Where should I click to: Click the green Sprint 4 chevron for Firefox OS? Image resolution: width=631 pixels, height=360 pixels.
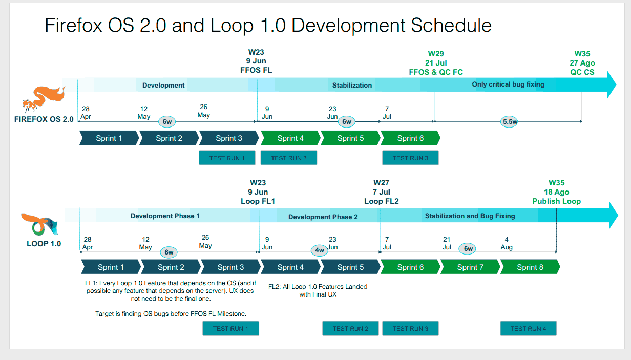click(x=290, y=138)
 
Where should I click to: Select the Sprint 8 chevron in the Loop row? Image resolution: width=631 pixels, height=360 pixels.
click(x=530, y=267)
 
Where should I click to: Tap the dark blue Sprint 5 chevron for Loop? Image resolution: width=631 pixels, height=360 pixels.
click(x=350, y=267)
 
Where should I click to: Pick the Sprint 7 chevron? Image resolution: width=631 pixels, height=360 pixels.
click(x=470, y=267)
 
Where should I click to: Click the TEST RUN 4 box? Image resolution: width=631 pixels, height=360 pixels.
click(x=529, y=328)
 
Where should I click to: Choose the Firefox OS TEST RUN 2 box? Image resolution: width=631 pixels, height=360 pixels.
click(x=289, y=158)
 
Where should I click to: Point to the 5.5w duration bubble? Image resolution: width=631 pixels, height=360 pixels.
click(x=509, y=122)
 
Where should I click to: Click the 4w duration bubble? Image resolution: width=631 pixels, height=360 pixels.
click(x=320, y=250)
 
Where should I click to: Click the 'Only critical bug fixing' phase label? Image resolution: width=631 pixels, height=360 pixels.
click(x=508, y=84)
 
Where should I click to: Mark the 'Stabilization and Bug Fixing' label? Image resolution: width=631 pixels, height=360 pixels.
click(x=470, y=216)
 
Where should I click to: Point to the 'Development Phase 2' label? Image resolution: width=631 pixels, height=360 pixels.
click(x=323, y=217)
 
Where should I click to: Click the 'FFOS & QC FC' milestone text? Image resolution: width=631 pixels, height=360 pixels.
click(x=436, y=72)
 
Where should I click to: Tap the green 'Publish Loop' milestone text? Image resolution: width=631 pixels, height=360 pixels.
click(x=556, y=201)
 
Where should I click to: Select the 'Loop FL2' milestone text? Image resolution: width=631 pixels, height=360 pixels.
click(x=382, y=201)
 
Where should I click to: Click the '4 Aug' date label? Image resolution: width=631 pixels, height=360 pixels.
click(x=507, y=243)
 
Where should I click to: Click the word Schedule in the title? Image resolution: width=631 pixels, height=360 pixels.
click(x=451, y=26)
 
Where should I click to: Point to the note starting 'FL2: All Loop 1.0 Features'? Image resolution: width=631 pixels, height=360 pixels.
click(x=318, y=290)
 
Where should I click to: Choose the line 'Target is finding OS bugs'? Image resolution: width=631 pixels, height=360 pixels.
click(x=171, y=313)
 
